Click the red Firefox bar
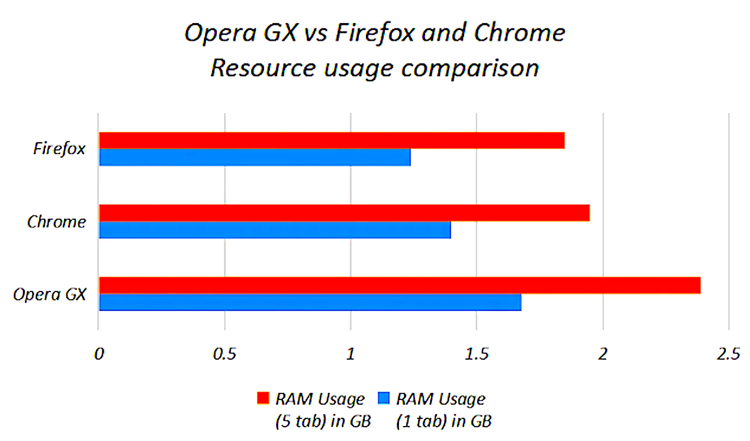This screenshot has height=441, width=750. point(331,140)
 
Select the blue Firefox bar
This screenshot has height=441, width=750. point(254,157)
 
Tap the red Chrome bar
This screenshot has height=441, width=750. point(344,213)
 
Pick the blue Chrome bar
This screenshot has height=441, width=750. point(275,230)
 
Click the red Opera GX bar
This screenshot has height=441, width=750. point(399,285)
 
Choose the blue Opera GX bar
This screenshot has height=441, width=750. point(310,302)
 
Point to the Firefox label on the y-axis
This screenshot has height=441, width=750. point(59,149)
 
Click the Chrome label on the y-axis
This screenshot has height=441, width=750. point(56,222)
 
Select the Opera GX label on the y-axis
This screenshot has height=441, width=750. point(50,295)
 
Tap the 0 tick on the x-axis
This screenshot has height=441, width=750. point(99,354)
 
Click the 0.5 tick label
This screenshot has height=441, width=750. point(224,354)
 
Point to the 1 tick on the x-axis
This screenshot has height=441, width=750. point(351,354)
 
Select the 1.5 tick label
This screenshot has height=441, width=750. point(476,354)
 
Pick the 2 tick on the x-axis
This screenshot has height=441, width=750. point(602,354)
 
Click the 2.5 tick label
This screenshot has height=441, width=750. point(728,354)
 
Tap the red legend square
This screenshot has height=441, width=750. point(263,398)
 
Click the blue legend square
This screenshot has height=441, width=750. point(384,398)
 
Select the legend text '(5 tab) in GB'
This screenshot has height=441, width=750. point(323,421)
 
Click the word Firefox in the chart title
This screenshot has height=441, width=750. point(375,33)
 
